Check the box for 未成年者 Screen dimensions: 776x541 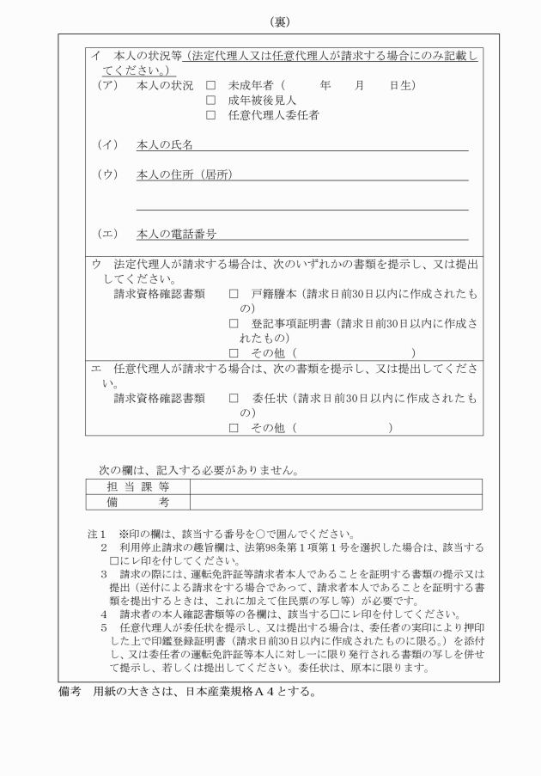[210, 86]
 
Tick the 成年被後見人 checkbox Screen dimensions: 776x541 [210, 101]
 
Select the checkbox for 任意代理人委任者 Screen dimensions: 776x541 [210, 115]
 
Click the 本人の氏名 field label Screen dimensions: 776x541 [164, 144]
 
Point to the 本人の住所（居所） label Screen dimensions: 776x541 [185, 175]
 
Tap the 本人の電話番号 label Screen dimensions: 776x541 [176, 233]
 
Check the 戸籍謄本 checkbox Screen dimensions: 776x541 [234, 294]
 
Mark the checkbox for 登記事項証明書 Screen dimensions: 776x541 [234, 324]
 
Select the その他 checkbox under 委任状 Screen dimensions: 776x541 [234, 427]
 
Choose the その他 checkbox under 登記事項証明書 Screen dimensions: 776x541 [234, 353]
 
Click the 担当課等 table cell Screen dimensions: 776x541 [137, 486]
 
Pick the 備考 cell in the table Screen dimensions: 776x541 [137, 501]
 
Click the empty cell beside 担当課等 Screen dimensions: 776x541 [335, 486]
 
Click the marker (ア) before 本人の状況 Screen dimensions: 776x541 [108, 86]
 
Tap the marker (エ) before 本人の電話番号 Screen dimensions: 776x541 [108, 233]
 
